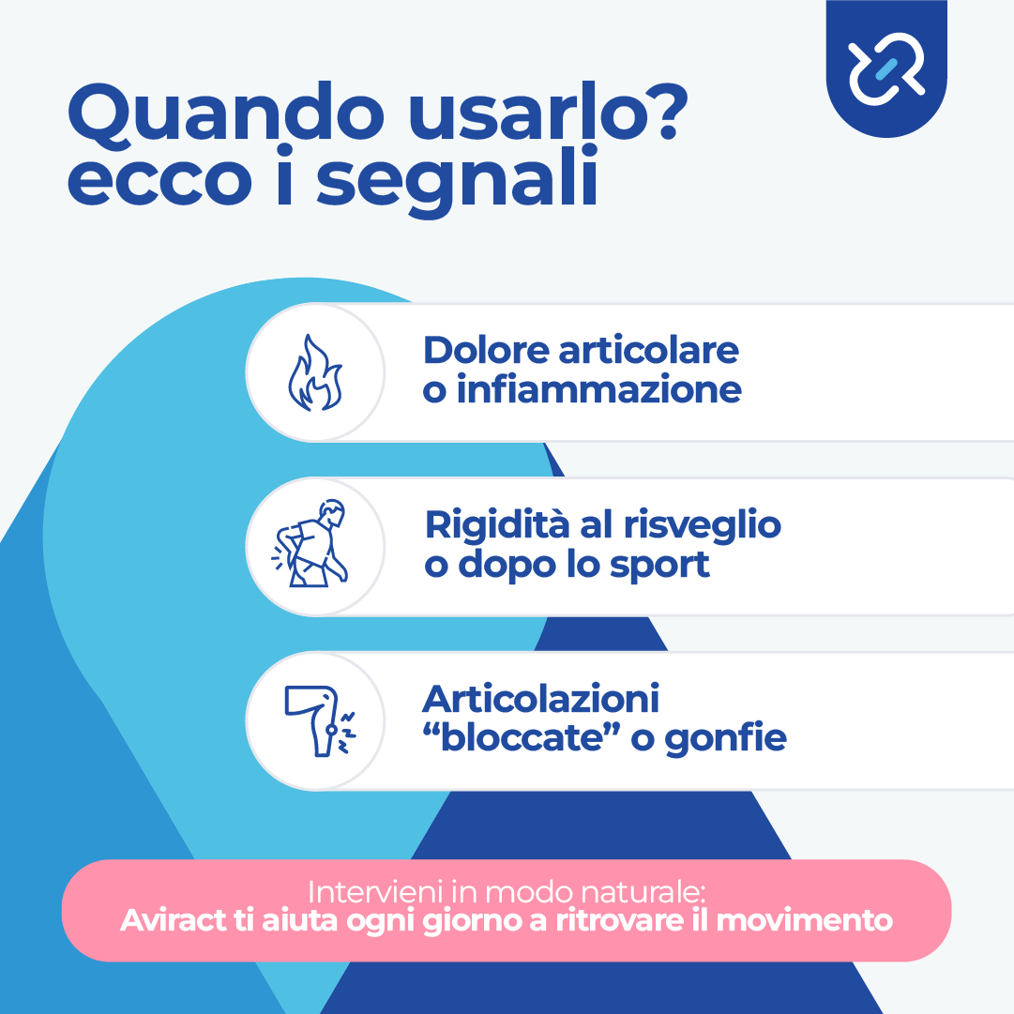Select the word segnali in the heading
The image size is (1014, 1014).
tap(457, 178)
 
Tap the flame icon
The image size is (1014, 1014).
tap(315, 372)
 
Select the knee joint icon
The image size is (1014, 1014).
tap(320, 720)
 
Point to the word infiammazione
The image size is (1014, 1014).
tap(598, 390)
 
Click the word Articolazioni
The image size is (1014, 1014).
tap(540, 699)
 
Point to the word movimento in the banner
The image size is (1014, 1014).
tap(805, 921)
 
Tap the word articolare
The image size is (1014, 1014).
tap(648, 351)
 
